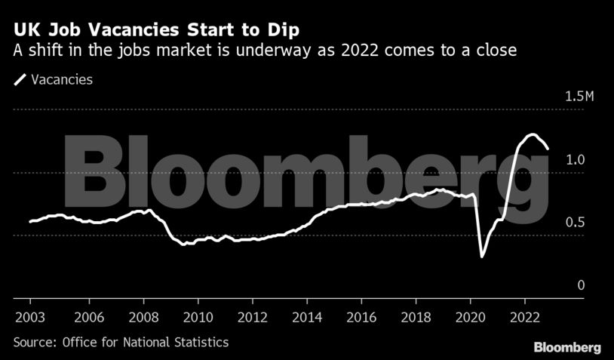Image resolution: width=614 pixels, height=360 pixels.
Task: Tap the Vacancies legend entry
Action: [x=53, y=79]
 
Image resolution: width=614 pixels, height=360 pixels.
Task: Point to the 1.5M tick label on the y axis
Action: [x=569, y=97]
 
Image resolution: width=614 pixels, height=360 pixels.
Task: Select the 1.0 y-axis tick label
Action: [x=575, y=160]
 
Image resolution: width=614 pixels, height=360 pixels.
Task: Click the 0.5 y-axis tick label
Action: [x=575, y=223]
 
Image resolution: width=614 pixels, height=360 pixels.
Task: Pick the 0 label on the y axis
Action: [x=580, y=285]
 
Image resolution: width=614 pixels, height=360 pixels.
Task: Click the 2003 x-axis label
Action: [x=29, y=316]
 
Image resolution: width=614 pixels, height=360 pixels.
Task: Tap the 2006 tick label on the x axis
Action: [x=87, y=316]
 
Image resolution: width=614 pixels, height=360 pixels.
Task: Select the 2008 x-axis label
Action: [x=143, y=316]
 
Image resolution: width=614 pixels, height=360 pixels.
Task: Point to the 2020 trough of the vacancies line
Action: [x=482, y=257]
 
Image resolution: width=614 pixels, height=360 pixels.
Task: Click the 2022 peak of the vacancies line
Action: [x=532, y=134]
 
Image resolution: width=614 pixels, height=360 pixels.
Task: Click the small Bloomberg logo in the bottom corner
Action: [x=567, y=347]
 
